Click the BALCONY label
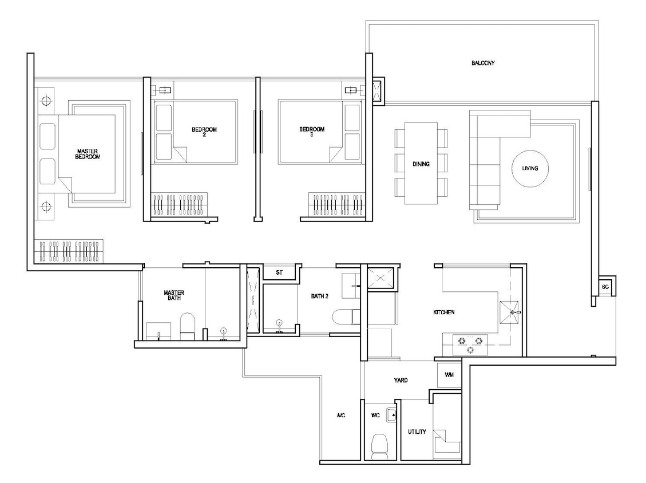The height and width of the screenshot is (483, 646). coord(483,63)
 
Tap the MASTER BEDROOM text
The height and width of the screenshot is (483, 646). coord(88,154)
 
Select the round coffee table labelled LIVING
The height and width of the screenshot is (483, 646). coord(530,168)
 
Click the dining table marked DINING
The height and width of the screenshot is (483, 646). coord(421,163)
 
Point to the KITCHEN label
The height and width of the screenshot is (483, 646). coord(443,312)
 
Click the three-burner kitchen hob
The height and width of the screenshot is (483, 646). coord(470,345)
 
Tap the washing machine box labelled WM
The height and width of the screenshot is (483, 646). coord(449,375)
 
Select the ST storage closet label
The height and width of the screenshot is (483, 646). coord(279,272)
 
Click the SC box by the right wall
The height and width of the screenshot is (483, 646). coord(605,287)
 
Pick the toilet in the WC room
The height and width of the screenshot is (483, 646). coord(378,448)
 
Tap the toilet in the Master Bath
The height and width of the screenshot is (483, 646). coord(188,326)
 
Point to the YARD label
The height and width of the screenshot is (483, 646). coord(401,381)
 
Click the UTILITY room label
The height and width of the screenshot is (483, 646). coord(417,432)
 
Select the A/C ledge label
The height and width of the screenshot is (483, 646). coord(340,415)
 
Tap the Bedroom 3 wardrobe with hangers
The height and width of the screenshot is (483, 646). coord(337,204)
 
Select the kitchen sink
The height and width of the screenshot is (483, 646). coord(510,313)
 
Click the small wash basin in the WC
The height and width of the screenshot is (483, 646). coord(391,415)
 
